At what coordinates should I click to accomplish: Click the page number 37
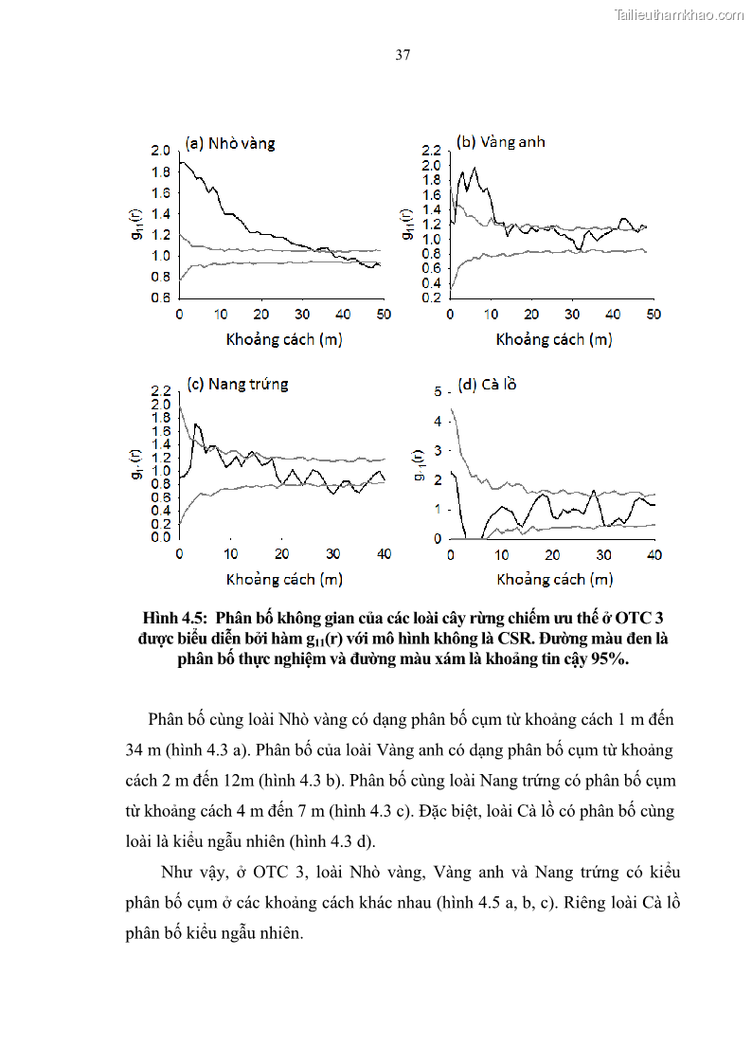[x=403, y=55]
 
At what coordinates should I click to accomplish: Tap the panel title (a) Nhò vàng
[x=230, y=143]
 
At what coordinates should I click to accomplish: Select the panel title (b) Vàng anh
[x=501, y=142]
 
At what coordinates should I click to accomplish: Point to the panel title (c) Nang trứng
[x=237, y=384]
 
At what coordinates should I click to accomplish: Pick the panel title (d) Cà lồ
[x=487, y=385]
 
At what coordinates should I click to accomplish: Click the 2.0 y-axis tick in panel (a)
[x=160, y=152]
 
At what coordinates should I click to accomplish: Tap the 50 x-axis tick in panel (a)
[x=384, y=315]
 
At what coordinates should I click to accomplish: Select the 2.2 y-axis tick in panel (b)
[x=432, y=152]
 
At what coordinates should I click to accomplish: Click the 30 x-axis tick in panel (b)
[x=572, y=315]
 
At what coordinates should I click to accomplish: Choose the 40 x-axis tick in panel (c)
[x=384, y=554]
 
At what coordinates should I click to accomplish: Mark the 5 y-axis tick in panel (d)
[x=438, y=391]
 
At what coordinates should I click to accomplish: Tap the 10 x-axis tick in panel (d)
[x=501, y=554]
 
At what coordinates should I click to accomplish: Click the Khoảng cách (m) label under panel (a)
[x=283, y=338]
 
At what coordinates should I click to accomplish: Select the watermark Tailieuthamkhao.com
[x=679, y=14]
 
